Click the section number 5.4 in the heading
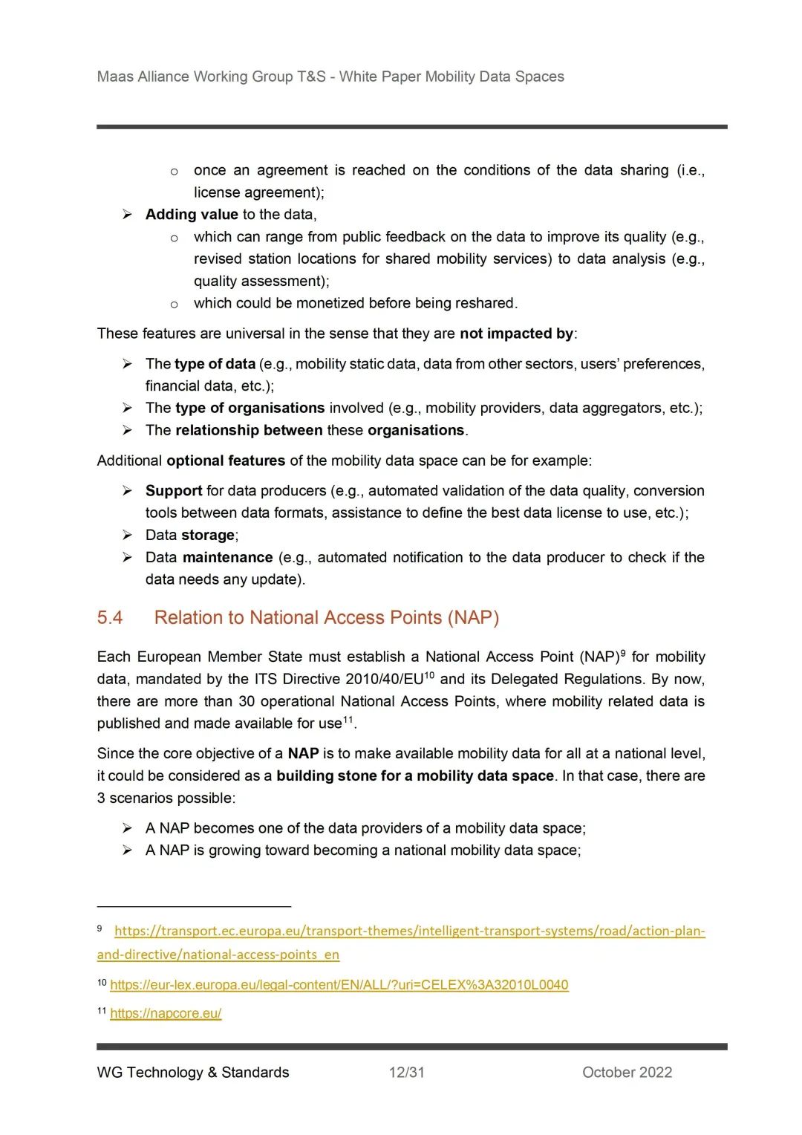(110, 618)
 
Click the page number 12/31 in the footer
(407, 1072)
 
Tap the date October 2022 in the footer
(627, 1072)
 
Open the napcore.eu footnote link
(166, 1013)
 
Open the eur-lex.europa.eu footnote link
(339, 985)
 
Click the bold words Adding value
(192, 215)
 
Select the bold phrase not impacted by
(516, 334)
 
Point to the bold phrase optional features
(226, 461)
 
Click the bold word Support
(174, 491)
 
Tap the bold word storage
(208, 536)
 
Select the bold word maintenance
(227, 558)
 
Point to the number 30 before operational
(247, 702)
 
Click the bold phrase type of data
(215, 364)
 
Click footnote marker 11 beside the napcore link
(102, 1011)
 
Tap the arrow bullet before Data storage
(128, 536)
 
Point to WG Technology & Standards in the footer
(193, 1072)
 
